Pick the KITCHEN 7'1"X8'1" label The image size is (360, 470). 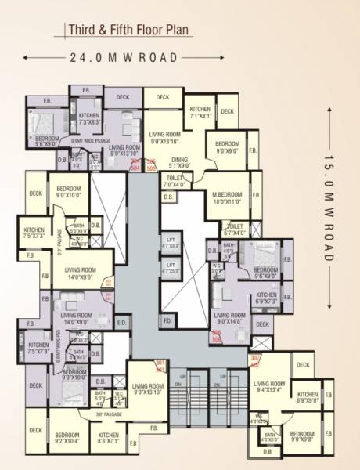pos(200,112)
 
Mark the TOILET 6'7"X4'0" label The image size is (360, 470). pos(234,230)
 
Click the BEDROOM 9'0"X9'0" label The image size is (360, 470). pos(226,146)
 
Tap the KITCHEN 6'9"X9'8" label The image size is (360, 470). pos(308,397)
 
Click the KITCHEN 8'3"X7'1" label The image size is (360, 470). pos(109,438)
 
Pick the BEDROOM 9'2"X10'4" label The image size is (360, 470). pos(68,438)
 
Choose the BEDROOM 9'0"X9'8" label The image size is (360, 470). pos(302,436)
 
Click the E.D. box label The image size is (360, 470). pos(121,322)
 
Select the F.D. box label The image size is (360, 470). pos(167,320)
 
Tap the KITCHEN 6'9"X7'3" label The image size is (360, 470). pos(266,298)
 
